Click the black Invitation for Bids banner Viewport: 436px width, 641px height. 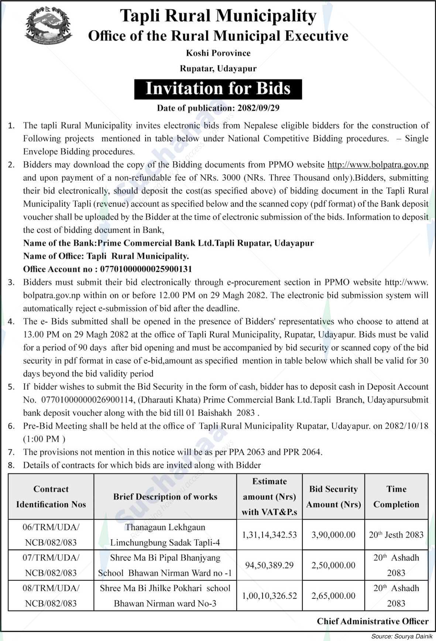point(218,89)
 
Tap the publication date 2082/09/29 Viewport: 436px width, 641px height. point(259,108)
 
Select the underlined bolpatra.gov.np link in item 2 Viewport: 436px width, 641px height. point(378,165)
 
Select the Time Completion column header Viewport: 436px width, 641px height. point(396,497)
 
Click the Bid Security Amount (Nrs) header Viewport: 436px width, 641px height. point(333,497)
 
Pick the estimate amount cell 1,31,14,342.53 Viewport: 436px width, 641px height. point(269,535)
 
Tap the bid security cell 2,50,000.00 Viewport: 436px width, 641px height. point(333,565)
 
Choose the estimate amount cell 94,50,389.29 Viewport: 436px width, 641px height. point(269,565)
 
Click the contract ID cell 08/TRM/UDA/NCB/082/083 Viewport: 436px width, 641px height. point(51,596)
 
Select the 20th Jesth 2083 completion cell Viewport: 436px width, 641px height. point(396,535)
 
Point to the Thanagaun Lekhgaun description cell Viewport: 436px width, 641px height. point(165,535)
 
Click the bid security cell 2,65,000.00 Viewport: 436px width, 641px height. point(333,596)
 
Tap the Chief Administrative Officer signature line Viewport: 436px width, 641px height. point(373,621)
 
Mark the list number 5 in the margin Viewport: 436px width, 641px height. point(11,387)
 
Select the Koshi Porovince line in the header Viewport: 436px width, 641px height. point(218,53)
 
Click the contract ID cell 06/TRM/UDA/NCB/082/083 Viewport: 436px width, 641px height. point(51,535)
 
